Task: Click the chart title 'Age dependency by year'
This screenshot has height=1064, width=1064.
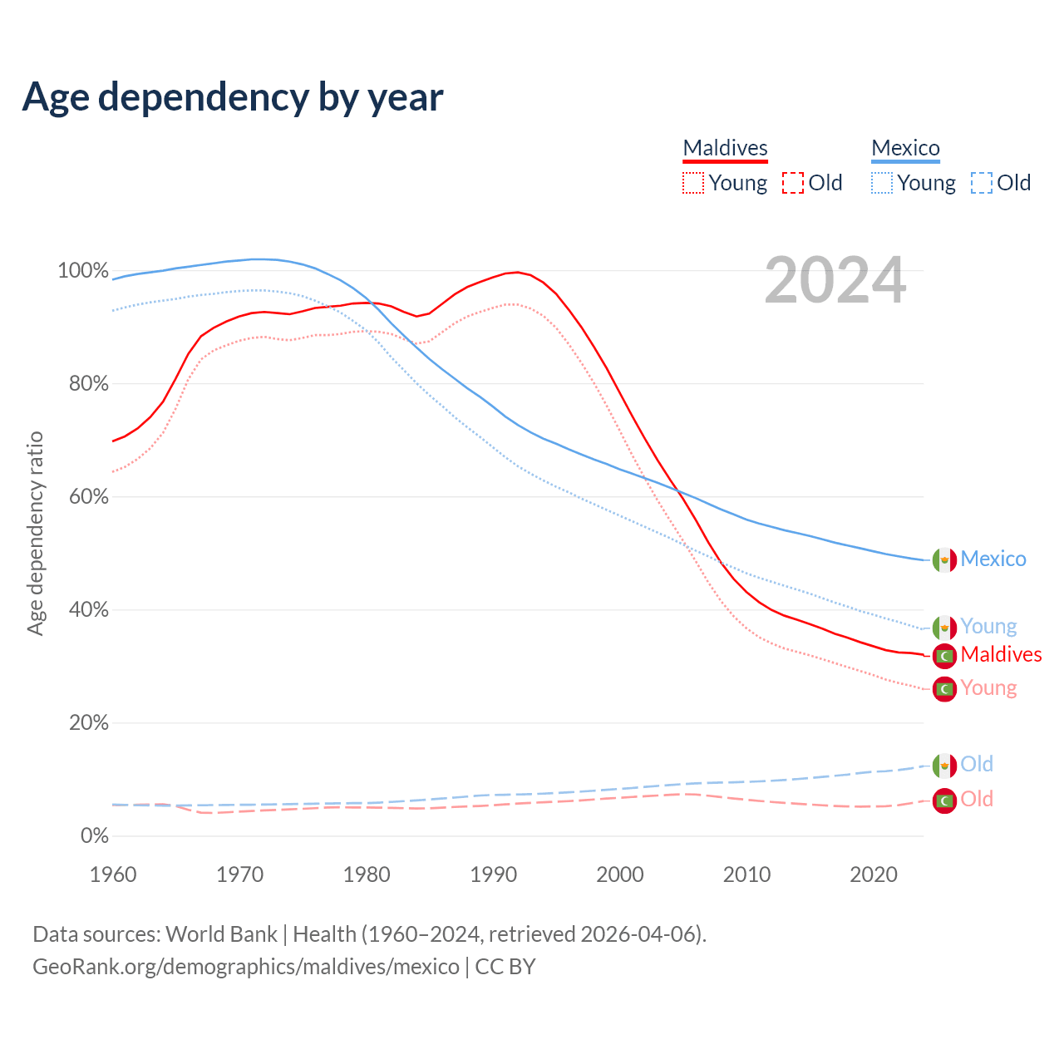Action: [x=233, y=97]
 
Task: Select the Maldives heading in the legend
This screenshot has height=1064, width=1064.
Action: [x=725, y=148]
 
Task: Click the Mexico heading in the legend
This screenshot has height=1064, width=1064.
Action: [x=905, y=148]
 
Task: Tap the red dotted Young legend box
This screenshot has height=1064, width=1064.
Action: [x=692, y=183]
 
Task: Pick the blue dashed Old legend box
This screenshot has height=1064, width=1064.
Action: [x=981, y=183]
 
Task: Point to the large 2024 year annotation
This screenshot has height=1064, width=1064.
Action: [x=835, y=281]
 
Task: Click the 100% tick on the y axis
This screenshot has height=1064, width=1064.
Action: [x=83, y=271]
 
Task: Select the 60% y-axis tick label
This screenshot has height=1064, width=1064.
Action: [x=88, y=497]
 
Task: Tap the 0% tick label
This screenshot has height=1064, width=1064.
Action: [x=94, y=836]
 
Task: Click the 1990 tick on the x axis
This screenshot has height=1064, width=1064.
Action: [x=493, y=874]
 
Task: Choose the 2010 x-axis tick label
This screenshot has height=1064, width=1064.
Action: [x=746, y=874]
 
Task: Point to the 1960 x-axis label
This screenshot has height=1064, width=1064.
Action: [x=113, y=874]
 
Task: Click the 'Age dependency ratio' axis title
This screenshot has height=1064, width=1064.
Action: [x=35, y=533]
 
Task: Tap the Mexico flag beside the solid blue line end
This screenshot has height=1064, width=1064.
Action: [x=944, y=560]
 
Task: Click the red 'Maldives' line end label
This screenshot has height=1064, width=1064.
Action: [x=1001, y=655]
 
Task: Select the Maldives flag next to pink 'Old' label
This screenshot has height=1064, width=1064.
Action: [x=944, y=800]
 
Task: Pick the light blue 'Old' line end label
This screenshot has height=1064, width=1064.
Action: [x=977, y=764]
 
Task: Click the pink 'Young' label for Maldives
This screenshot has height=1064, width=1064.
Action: [x=988, y=688]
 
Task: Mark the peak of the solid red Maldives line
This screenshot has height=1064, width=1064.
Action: [x=517, y=272]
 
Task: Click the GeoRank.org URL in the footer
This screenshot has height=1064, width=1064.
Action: [x=246, y=967]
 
